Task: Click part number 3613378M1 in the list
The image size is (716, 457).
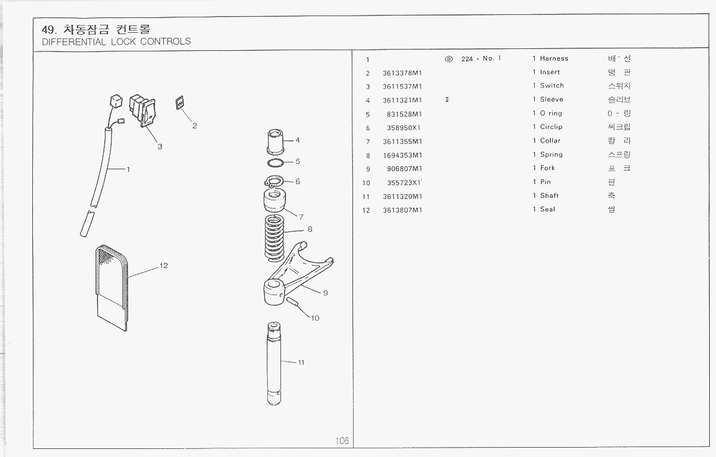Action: tap(402, 73)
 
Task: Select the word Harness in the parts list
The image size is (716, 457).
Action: tap(553, 59)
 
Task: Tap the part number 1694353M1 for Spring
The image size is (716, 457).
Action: tap(402, 155)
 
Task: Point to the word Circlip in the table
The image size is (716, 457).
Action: tap(551, 127)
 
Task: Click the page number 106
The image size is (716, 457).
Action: tap(342, 440)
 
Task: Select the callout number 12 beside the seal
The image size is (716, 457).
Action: tap(164, 266)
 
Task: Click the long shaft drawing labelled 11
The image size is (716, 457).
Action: tap(275, 363)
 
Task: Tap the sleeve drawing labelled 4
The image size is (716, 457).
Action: tap(274, 142)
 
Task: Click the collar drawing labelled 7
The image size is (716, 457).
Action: tap(274, 202)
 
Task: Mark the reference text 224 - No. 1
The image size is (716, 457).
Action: tap(481, 59)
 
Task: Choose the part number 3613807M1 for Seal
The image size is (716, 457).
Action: tap(402, 210)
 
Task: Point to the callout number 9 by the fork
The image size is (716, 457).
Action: tap(325, 293)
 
